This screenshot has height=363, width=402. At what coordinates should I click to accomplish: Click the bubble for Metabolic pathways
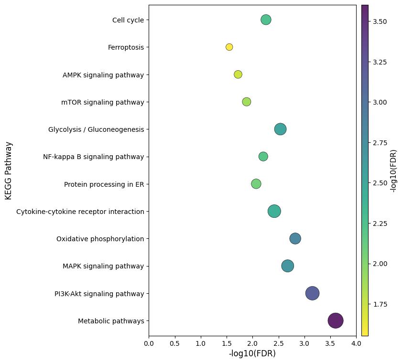[x=336, y=320]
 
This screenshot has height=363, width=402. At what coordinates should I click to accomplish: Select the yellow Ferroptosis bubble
[x=229, y=47]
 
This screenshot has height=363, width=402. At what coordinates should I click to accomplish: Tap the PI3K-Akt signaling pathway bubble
[x=312, y=293]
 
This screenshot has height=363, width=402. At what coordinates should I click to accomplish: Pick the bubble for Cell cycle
[x=266, y=20]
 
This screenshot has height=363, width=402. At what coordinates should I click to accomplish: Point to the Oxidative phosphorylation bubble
[x=295, y=238]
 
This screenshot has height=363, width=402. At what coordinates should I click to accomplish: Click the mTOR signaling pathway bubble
[x=246, y=102]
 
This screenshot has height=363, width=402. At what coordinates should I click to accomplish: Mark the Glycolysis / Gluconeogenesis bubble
[x=280, y=129]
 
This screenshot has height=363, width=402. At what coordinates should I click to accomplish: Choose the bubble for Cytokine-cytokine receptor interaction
[x=274, y=211]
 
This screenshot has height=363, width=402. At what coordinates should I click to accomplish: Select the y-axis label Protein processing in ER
[x=104, y=184]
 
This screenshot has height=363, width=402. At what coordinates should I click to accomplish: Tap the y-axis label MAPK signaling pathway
[x=103, y=266]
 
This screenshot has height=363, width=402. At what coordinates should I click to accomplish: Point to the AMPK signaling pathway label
[x=103, y=75]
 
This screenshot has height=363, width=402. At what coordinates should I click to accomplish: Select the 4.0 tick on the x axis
[x=356, y=343]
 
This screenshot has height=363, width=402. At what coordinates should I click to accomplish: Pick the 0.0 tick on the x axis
[x=149, y=343]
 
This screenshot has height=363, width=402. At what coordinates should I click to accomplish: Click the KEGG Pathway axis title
[x=8, y=171]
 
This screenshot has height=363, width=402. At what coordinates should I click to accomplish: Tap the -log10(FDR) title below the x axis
[x=252, y=354]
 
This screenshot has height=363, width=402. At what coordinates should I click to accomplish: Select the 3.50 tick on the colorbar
[x=380, y=21]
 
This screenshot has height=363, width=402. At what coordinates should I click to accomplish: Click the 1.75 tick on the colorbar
[x=380, y=304]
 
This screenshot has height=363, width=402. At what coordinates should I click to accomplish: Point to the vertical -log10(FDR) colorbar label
[x=393, y=171]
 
